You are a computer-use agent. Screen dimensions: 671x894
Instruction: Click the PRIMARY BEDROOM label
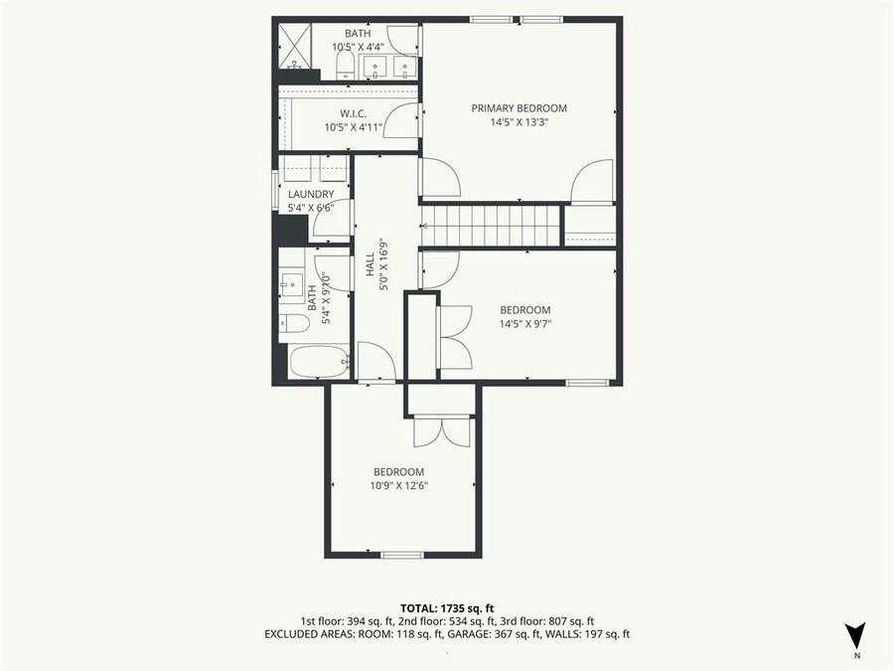(x=519, y=108)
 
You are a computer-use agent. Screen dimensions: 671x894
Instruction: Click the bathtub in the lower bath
(x=318, y=361)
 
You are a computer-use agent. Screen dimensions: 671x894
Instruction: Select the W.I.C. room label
(x=355, y=112)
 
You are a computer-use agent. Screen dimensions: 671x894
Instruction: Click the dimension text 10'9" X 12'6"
(x=398, y=486)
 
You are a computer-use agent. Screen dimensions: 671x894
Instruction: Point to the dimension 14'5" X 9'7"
(x=524, y=323)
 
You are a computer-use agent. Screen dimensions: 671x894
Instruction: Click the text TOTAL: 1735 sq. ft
(x=447, y=607)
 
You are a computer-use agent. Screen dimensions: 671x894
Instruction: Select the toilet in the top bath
(x=345, y=65)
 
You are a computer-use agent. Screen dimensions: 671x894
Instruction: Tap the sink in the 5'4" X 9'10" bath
(x=292, y=283)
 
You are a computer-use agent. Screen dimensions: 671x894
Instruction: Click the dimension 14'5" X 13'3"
(x=519, y=122)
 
